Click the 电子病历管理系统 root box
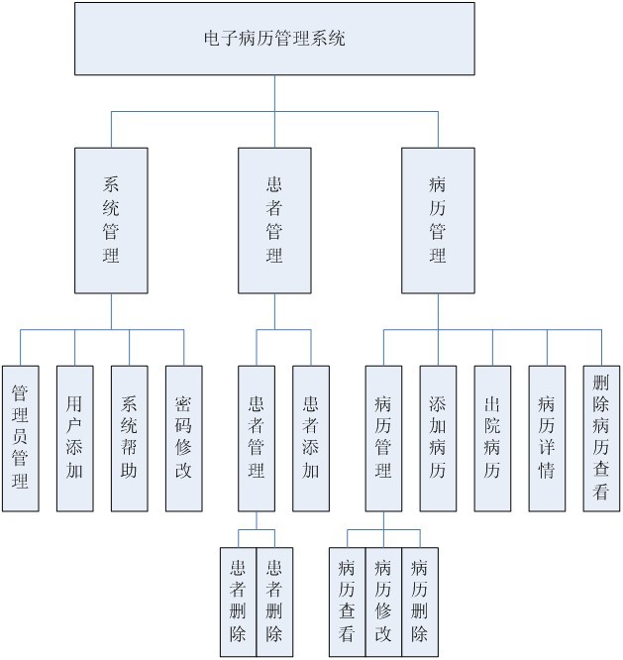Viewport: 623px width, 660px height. [274, 40]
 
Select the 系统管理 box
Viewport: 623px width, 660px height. [111, 220]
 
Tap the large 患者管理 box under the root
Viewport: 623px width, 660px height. [274, 220]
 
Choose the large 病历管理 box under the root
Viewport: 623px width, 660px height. [438, 220]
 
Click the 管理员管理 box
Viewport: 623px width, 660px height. [20, 438]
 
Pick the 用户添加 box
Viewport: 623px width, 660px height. [74, 438]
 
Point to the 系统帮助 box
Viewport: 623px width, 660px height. [129, 438]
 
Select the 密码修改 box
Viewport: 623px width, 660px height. [183, 438]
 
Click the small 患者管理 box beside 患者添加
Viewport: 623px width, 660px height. [256, 438]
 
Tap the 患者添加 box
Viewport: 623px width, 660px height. [310, 438]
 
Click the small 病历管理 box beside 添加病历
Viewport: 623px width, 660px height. [383, 438]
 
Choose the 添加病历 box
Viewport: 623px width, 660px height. [438, 438]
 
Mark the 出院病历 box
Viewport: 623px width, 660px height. [492, 438]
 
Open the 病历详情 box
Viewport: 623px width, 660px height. [547, 438]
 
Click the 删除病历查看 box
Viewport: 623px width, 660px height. [601, 438]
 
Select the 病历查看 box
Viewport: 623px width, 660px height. [347, 602]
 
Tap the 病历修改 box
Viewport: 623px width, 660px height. [383, 602]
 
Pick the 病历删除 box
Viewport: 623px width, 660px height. [419, 602]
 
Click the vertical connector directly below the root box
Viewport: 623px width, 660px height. [274, 93]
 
